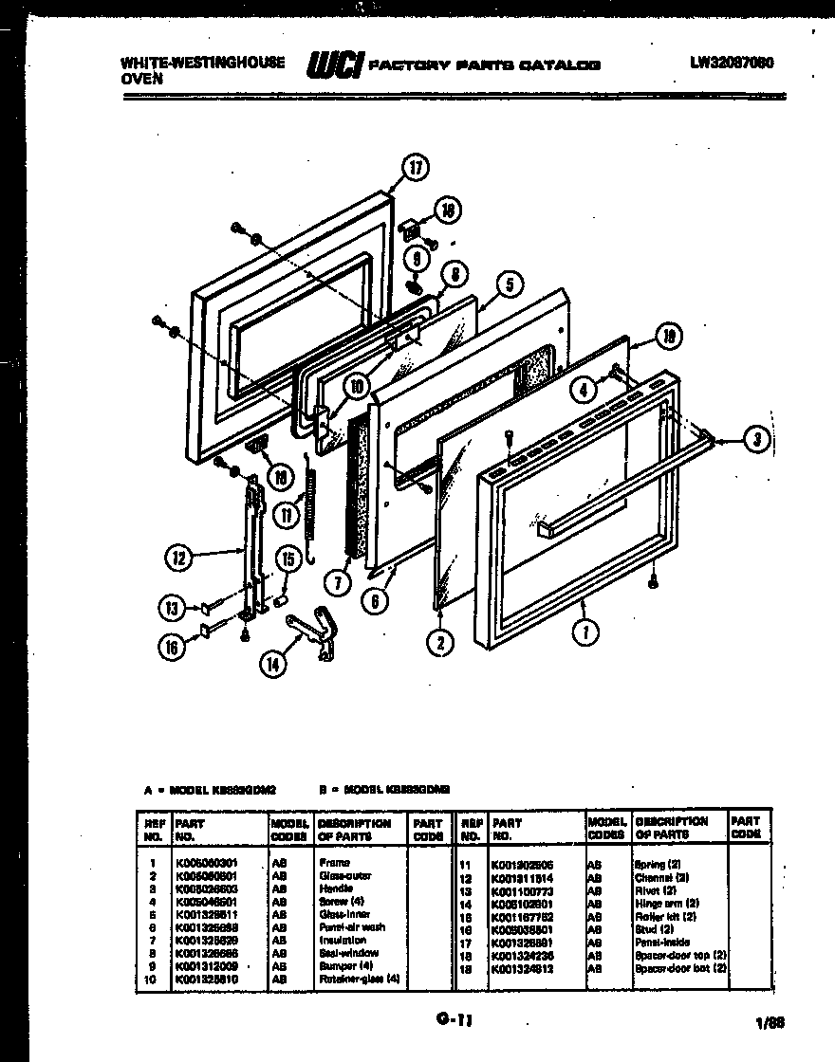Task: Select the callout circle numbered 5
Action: pos(509,284)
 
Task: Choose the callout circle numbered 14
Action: pos(273,664)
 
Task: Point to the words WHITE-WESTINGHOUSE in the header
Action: pos(203,62)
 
